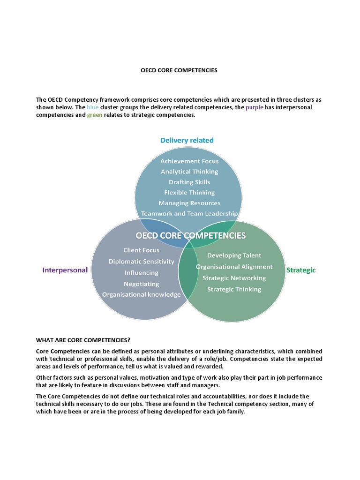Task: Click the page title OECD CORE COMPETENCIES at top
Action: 179,70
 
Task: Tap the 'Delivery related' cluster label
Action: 187,140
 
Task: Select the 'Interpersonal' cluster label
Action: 65,270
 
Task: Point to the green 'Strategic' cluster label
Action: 301,270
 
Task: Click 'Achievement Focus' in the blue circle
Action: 189,161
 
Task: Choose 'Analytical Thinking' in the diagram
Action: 189,172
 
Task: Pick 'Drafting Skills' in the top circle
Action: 189,182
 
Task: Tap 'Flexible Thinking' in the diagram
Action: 189,192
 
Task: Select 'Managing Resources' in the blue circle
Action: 189,203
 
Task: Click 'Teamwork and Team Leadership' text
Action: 189,213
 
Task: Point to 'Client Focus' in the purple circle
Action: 141,250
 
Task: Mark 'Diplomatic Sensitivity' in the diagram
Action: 141,262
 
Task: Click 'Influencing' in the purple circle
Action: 141,273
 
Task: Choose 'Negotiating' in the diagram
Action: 141,284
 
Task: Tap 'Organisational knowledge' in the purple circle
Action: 141,295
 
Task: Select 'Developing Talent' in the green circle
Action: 234,255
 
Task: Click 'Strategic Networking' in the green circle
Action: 234,278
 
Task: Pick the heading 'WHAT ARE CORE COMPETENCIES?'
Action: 87,339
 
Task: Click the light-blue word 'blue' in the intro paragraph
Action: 93,107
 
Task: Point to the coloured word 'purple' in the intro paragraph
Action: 255,107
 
